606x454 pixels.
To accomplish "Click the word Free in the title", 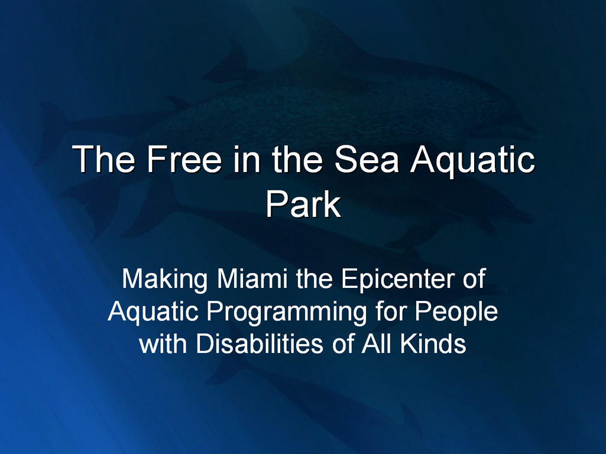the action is click(184, 159).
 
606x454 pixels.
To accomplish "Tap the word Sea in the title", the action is click(366, 159).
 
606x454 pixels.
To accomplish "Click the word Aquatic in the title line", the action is click(472, 161).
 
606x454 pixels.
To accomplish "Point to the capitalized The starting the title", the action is click(103, 159).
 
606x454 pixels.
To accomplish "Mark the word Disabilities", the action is click(260, 343).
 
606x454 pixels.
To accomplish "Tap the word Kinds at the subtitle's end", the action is click(433, 343).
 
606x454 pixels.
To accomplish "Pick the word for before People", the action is click(391, 311).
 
